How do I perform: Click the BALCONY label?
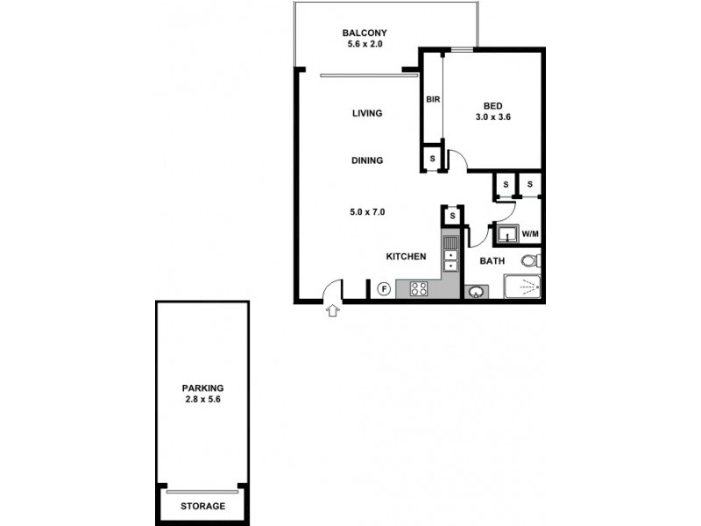click(364, 34)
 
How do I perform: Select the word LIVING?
click(367, 113)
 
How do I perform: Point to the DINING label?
click(367, 160)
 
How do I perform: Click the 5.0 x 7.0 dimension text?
click(367, 211)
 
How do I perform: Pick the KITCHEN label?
click(407, 257)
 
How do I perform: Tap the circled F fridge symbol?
click(383, 288)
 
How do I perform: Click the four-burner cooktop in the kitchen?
click(418, 288)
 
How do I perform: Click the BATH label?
click(491, 261)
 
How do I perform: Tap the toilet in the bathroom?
click(530, 260)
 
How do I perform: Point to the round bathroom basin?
click(477, 291)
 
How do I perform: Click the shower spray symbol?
click(522, 287)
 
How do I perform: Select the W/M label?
click(530, 234)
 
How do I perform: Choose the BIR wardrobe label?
click(432, 99)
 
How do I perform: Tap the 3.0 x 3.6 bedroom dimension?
click(492, 117)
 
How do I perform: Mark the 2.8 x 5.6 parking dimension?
click(202, 400)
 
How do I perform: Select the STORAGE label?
click(202, 507)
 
